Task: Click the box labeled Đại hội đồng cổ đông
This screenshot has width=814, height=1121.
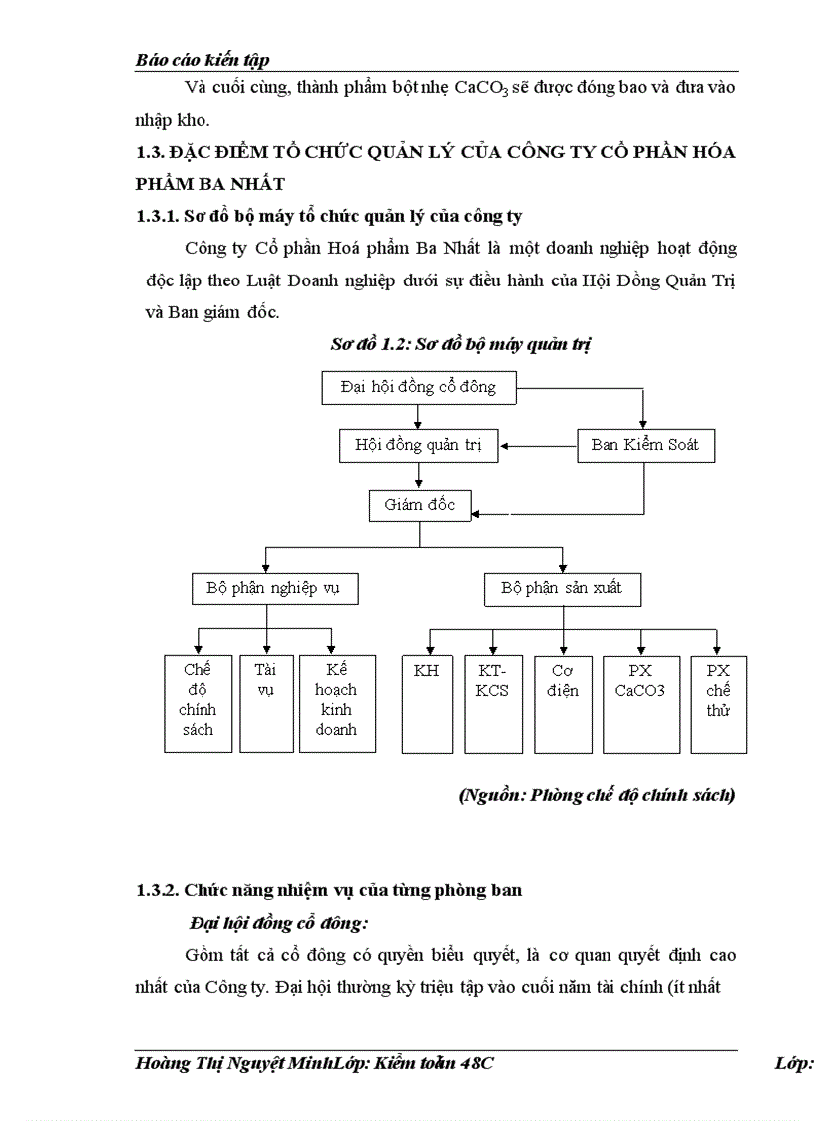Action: pyautogui.click(x=419, y=387)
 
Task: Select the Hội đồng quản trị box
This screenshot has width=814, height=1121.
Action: pyautogui.click(x=418, y=445)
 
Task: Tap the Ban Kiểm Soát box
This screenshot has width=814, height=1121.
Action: pyautogui.click(x=645, y=445)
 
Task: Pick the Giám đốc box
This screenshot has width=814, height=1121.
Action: pyautogui.click(x=420, y=505)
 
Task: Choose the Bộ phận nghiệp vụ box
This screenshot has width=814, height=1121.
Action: pyautogui.click(x=273, y=588)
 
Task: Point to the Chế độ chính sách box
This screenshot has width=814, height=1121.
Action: pyautogui.click(x=198, y=703)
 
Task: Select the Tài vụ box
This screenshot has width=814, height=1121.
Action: pyautogui.click(x=265, y=703)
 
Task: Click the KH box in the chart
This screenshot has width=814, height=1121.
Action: pyautogui.click(x=426, y=703)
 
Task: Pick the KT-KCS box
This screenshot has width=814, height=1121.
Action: pyautogui.click(x=493, y=703)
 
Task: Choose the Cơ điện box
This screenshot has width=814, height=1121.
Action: pyautogui.click(x=563, y=703)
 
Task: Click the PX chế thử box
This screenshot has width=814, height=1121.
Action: pyautogui.click(x=718, y=703)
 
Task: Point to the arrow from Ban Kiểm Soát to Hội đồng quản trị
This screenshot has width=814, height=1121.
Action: pyautogui.click(x=539, y=446)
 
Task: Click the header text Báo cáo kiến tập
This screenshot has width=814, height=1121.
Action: pyautogui.click(x=202, y=61)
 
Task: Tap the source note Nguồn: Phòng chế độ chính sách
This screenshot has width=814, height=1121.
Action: pyautogui.click(x=597, y=796)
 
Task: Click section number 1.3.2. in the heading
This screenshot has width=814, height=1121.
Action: pyautogui.click(x=157, y=890)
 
